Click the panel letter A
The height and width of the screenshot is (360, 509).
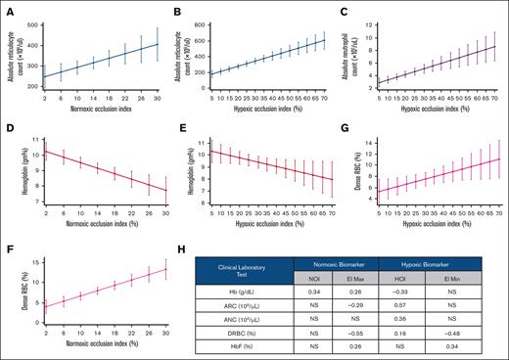click(x=6, y=5)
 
